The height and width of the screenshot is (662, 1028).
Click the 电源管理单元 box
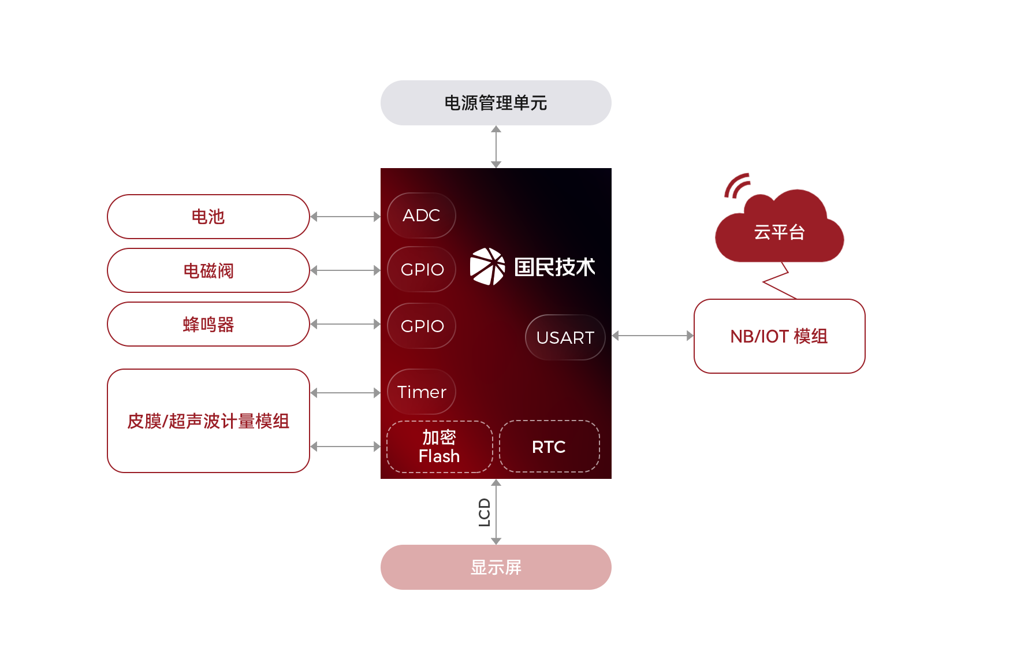click(496, 103)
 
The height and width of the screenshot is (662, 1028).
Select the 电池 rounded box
click(208, 217)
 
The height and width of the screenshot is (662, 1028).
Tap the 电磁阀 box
click(208, 270)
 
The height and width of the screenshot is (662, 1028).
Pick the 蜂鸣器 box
click(208, 324)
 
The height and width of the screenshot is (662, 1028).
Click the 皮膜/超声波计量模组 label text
click(208, 421)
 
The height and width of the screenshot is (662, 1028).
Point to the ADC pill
click(422, 215)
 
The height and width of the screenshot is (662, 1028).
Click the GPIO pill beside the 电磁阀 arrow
click(422, 269)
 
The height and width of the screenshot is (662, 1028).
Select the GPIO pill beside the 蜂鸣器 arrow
click(422, 326)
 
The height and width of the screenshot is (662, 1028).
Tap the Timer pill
click(422, 392)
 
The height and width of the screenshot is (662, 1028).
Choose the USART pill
click(565, 337)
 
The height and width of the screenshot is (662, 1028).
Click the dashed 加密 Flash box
click(439, 447)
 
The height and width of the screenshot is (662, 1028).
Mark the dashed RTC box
click(549, 447)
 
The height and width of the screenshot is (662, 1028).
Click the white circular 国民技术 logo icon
click(487, 266)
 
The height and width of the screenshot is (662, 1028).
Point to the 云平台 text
click(779, 232)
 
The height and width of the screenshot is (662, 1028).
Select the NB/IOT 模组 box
click(779, 336)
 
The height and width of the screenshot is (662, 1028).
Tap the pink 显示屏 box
click(496, 567)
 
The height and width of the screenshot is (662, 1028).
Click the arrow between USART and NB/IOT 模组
click(653, 336)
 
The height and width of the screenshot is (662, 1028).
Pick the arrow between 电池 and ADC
click(345, 217)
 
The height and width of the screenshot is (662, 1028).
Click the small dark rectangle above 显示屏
click(484, 512)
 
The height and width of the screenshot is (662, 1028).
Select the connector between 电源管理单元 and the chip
click(496, 147)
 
